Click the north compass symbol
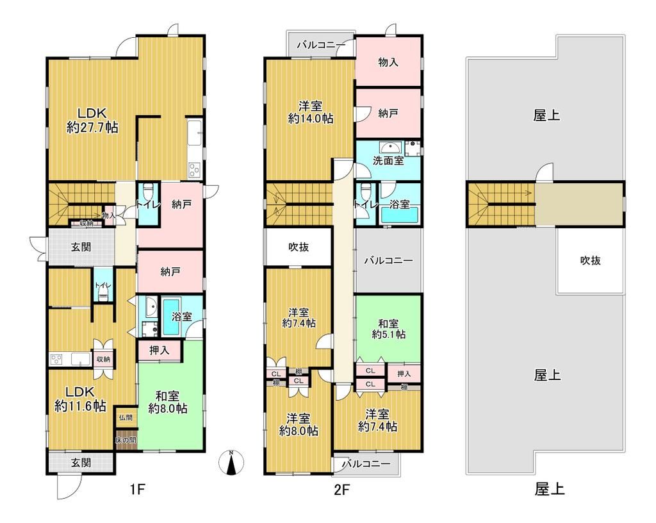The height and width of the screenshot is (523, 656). pyautogui.click(x=231, y=463)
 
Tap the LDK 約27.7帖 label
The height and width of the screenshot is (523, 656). pyautogui.click(x=92, y=119)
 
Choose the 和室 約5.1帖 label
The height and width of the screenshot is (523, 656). pyautogui.click(x=388, y=328)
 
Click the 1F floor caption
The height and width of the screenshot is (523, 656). pyautogui.click(x=138, y=490)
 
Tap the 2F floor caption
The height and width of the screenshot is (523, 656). pyautogui.click(x=341, y=490)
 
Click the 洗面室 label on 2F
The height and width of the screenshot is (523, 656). pyautogui.click(x=388, y=161)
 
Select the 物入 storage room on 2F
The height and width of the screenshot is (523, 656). pyautogui.click(x=388, y=62)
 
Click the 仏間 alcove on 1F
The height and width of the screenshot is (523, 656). pyautogui.click(x=125, y=417)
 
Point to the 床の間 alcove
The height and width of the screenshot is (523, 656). pyautogui.click(x=126, y=441)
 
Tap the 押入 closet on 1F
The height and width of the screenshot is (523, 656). pyautogui.click(x=159, y=350)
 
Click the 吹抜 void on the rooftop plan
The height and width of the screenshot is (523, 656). pyautogui.click(x=590, y=261)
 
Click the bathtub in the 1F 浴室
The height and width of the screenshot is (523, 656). pyautogui.click(x=172, y=316)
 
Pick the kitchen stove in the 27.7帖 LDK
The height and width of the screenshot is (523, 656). pyautogui.click(x=193, y=170)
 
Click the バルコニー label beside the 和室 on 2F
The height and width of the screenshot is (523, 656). pyautogui.click(x=388, y=261)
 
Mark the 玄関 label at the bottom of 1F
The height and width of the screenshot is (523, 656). pyautogui.click(x=80, y=463)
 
